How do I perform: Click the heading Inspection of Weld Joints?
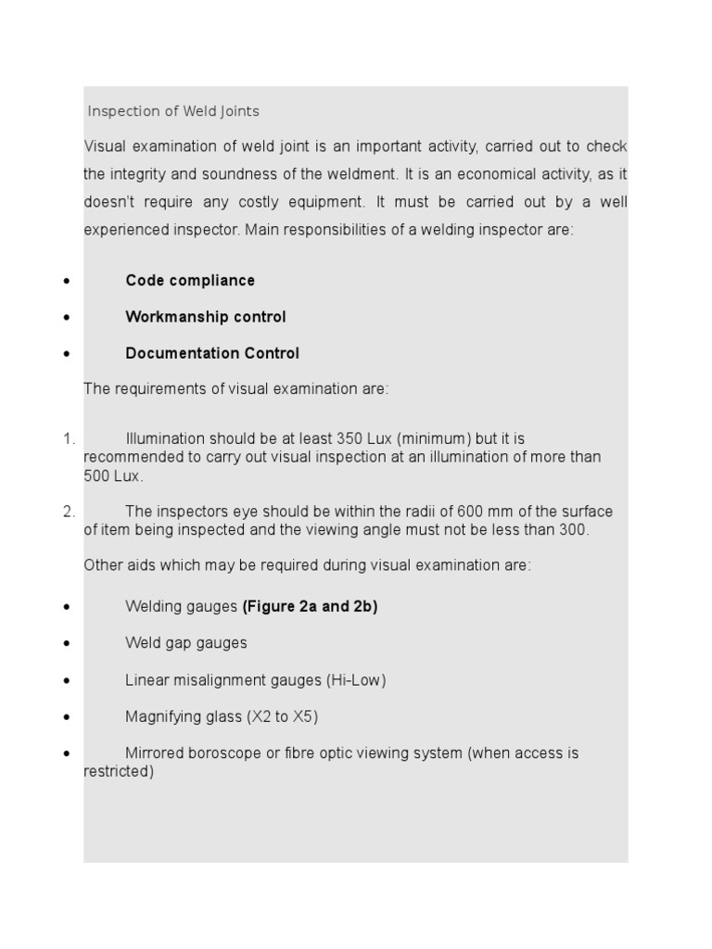[173, 111]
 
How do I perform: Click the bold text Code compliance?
[190, 280]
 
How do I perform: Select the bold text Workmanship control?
[206, 317]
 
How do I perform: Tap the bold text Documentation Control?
[212, 353]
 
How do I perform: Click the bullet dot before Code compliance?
[67, 281]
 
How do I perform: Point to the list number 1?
[69, 438]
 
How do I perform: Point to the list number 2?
[69, 512]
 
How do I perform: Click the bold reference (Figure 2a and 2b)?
[310, 607]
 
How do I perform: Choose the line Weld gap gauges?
[186, 643]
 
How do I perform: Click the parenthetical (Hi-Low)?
[355, 680]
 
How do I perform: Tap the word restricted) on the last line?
[119, 771]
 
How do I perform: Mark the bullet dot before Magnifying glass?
[67, 717]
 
